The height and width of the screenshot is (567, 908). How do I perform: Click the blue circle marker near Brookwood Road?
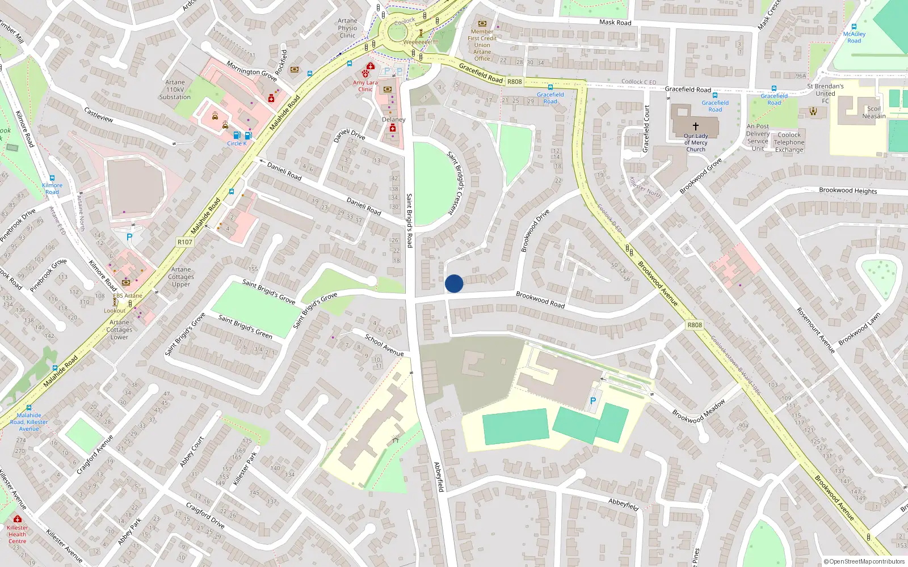[454, 283]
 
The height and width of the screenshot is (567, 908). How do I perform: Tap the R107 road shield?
[185, 242]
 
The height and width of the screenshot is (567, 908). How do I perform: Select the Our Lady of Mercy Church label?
[696, 143]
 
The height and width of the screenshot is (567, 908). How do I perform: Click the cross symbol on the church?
[696, 126]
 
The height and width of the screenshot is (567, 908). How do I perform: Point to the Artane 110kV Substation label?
[175, 90]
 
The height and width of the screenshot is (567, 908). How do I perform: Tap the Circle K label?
[237, 143]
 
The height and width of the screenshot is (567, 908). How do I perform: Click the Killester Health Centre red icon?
[18, 519]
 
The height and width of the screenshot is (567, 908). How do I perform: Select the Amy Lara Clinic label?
[365, 86]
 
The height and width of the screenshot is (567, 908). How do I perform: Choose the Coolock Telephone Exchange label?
[789, 143]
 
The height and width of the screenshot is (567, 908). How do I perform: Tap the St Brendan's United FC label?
[825, 94]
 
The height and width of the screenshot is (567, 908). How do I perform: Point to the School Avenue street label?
[384, 345]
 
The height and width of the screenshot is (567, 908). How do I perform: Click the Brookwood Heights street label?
[848, 191]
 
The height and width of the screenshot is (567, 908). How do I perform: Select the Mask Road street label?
[615, 22]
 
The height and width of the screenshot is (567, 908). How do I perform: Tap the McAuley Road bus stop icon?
[854, 26]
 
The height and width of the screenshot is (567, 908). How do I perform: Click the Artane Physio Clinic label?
[347, 28]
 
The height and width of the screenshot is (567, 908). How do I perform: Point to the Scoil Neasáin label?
[874, 112]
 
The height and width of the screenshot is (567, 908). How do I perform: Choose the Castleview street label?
[99, 115]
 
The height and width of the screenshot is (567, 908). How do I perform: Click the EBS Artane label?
[128, 295]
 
